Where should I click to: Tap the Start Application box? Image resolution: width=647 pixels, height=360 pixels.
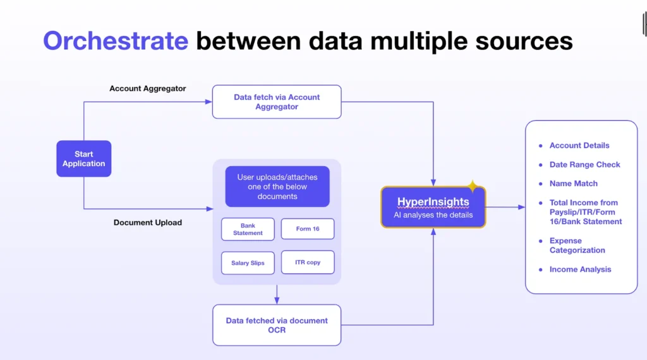click(83, 159)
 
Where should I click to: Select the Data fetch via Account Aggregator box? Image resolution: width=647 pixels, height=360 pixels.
click(277, 102)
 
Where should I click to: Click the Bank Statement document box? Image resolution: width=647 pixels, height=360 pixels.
click(248, 229)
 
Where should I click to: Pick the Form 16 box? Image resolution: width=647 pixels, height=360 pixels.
click(307, 229)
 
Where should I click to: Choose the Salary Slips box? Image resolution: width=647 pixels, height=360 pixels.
click(248, 263)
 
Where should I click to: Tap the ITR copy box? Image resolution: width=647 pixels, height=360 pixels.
click(307, 262)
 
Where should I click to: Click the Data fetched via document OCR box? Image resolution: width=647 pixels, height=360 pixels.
click(277, 325)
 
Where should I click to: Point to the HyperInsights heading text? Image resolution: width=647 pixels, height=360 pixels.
click(433, 202)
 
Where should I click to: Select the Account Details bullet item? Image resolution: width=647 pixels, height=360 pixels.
click(579, 145)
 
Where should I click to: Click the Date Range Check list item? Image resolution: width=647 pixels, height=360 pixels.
click(584, 165)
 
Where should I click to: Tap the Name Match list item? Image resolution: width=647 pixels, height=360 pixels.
click(573, 184)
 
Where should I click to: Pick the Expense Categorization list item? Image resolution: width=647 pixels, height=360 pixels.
click(577, 245)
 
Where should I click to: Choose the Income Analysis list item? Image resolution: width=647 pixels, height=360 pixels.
click(580, 270)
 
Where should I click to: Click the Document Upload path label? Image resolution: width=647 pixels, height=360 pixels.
click(148, 222)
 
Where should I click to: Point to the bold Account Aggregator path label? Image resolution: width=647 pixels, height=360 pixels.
click(148, 88)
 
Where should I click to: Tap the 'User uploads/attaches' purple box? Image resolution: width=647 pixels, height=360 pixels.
click(277, 187)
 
